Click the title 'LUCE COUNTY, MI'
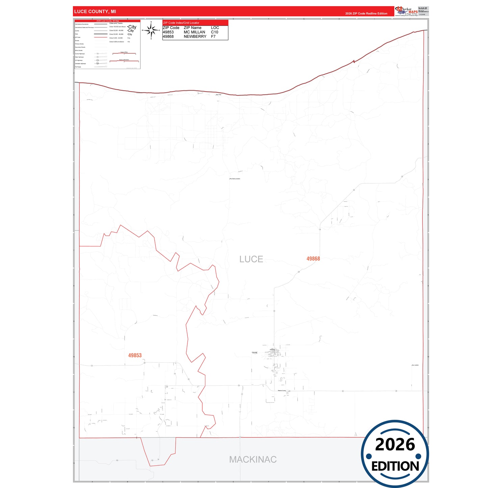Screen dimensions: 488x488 click(x=95, y=11)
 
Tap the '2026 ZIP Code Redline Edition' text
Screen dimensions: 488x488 click(x=366, y=14)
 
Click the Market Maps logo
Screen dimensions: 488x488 click(x=406, y=11)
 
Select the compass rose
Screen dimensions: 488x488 click(x=151, y=30)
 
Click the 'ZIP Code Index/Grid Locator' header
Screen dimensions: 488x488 click(x=181, y=23)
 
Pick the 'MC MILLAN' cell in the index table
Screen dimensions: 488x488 click(x=194, y=32)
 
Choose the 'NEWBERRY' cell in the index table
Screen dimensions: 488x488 click(x=195, y=36)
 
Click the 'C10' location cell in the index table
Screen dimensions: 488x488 click(x=214, y=32)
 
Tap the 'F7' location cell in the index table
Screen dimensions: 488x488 click(x=213, y=36)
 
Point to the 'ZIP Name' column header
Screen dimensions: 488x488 click(x=192, y=28)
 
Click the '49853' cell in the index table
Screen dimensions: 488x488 click(x=168, y=32)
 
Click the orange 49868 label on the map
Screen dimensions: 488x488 click(x=313, y=259)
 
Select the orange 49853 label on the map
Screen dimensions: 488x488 click(x=135, y=355)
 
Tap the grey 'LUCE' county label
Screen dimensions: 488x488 click(x=251, y=259)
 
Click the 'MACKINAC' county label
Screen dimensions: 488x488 click(x=253, y=459)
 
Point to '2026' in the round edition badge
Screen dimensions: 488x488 click(x=395, y=444)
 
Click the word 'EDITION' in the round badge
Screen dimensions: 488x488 click(x=395, y=466)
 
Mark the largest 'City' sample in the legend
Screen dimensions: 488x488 click(x=132, y=27)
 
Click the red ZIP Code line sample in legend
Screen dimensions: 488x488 click(x=101, y=37)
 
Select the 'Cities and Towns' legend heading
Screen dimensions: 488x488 click(x=116, y=23)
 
